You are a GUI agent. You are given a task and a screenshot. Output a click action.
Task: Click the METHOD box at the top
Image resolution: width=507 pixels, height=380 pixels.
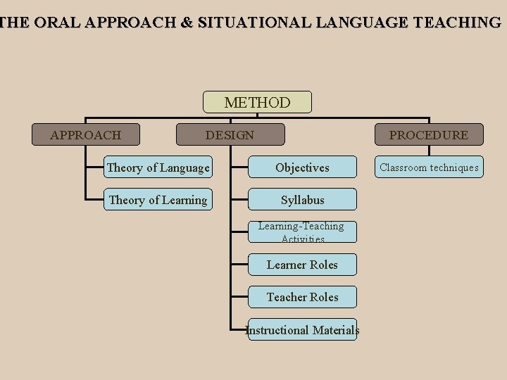[257, 103]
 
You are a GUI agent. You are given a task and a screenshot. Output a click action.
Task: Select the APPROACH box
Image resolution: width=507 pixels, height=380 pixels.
[85, 134]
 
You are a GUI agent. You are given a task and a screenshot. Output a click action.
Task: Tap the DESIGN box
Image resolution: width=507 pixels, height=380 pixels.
[230, 134]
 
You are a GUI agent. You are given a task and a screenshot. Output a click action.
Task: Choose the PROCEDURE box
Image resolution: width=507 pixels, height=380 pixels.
[429, 135]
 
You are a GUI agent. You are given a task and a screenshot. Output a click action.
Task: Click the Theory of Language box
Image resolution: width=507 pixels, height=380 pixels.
[158, 167]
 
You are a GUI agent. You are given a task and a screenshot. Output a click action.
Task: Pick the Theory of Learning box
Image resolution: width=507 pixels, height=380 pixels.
[158, 200]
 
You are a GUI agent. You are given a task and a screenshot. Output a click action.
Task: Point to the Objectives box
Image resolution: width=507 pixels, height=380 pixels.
[302, 167]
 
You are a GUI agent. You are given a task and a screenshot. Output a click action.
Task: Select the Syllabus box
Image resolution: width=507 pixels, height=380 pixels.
[302, 200]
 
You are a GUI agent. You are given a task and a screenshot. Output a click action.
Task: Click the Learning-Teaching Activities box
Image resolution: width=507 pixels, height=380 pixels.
[302, 232]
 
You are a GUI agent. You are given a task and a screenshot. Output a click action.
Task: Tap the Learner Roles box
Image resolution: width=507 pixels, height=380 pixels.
[302, 265]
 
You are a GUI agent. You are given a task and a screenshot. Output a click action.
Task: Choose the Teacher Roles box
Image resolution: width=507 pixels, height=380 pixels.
[302, 297]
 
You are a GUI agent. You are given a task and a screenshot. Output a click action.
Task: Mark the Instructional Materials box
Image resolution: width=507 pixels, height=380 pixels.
[302, 329]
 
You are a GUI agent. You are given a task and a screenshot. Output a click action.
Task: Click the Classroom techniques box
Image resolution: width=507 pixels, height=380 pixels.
[429, 167]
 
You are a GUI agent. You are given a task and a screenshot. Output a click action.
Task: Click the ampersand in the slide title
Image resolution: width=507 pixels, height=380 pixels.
[186, 22]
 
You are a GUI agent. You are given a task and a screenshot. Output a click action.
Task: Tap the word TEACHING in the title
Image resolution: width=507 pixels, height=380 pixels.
[458, 22]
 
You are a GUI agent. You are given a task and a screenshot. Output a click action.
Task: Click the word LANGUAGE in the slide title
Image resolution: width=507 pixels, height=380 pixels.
[362, 22]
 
